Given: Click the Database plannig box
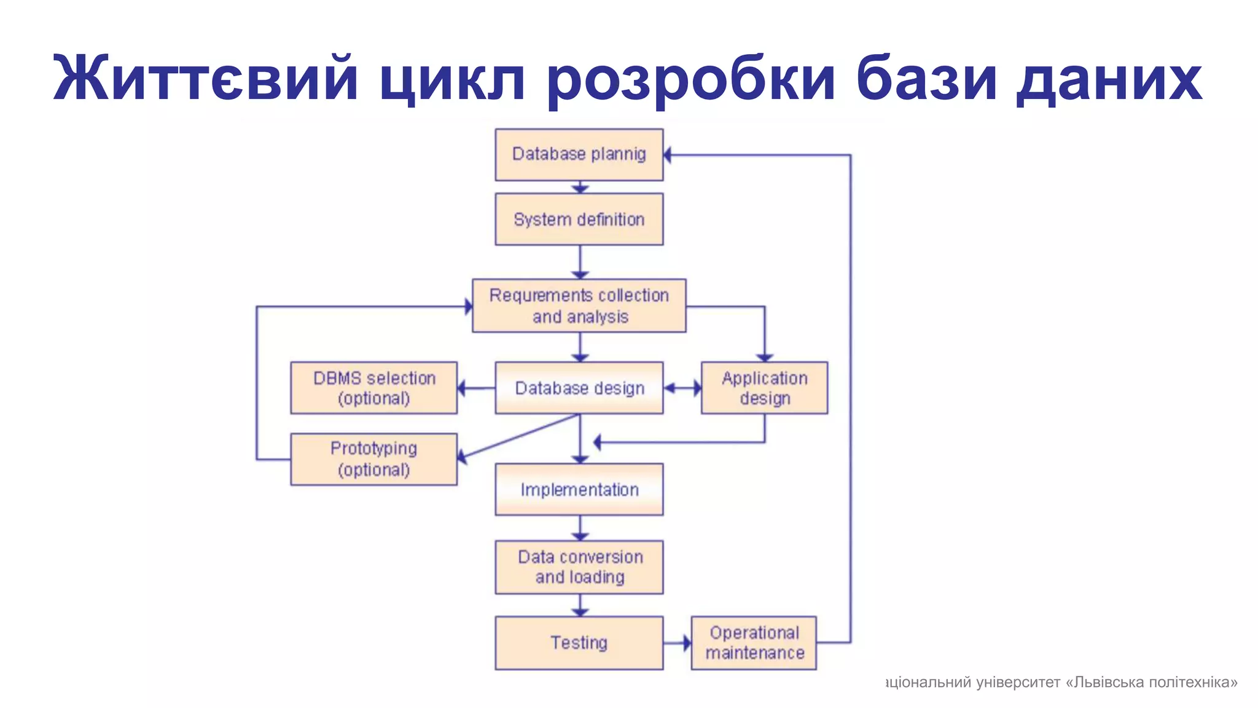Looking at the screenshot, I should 579,154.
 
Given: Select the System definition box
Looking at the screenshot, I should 579,219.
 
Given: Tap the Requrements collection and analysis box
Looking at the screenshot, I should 579,306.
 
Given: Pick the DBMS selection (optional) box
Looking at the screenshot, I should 373,388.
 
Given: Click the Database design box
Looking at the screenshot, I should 579,388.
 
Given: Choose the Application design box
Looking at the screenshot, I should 764,388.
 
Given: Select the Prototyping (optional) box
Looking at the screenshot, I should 373,459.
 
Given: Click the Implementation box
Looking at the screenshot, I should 579,489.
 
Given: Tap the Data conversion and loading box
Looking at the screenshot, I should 579,567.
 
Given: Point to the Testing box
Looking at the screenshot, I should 579,643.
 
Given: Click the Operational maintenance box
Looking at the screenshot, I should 754,643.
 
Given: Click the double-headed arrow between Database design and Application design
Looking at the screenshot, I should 682,388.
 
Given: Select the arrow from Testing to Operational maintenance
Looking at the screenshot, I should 677,643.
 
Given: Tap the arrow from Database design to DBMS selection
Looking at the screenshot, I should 476,388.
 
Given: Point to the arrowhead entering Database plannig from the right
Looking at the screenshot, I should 668,155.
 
